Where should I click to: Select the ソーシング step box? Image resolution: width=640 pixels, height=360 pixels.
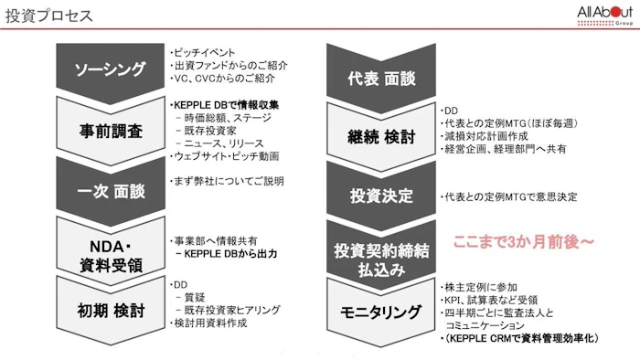point(109,69)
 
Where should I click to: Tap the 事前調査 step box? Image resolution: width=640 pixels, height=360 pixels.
point(109,130)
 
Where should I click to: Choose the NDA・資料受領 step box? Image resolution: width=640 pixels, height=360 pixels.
point(109,245)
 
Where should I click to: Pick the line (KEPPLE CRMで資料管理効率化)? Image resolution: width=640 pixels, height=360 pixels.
point(519,338)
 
